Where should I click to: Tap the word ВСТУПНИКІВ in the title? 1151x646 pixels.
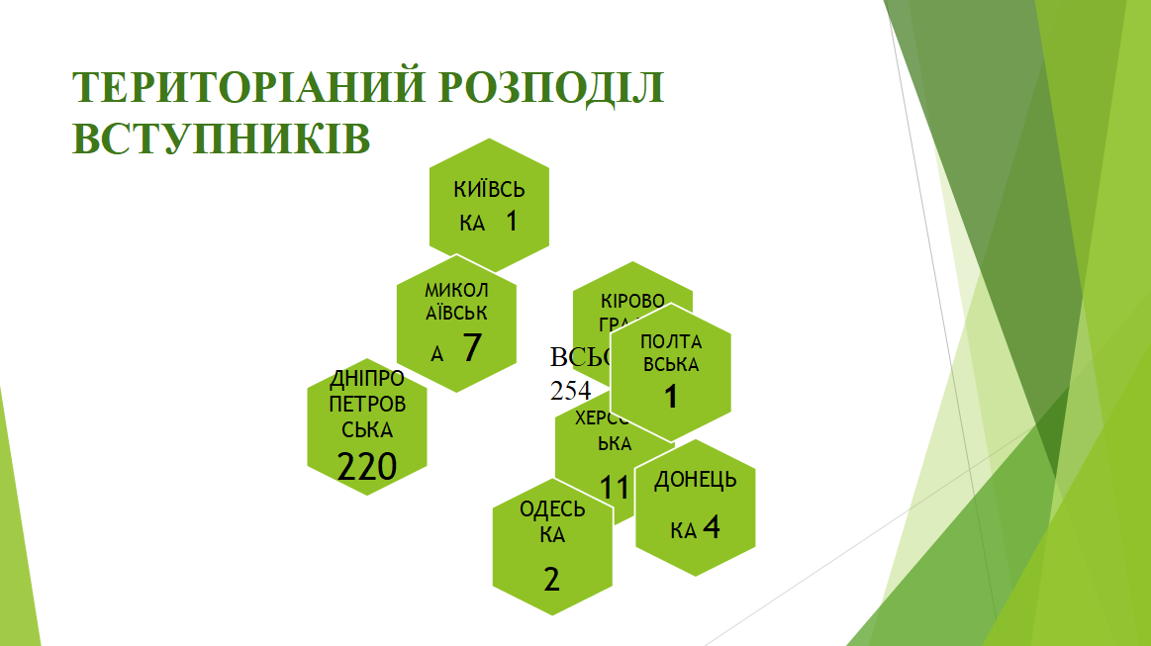(222, 138)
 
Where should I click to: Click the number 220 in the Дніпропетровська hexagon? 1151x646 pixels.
(366, 466)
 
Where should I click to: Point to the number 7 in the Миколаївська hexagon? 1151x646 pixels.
(471, 348)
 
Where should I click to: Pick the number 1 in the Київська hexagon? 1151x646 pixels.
(511, 221)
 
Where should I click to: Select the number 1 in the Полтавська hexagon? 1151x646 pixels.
(670, 397)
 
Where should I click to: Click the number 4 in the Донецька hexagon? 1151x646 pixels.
(711, 527)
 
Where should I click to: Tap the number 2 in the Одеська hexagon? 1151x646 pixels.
(551, 579)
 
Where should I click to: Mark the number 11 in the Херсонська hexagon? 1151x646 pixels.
(615, 487)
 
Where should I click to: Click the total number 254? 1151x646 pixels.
(570, 390)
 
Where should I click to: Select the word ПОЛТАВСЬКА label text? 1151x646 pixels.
(670, 353)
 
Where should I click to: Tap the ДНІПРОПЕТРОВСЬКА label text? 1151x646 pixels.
(367, 405)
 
